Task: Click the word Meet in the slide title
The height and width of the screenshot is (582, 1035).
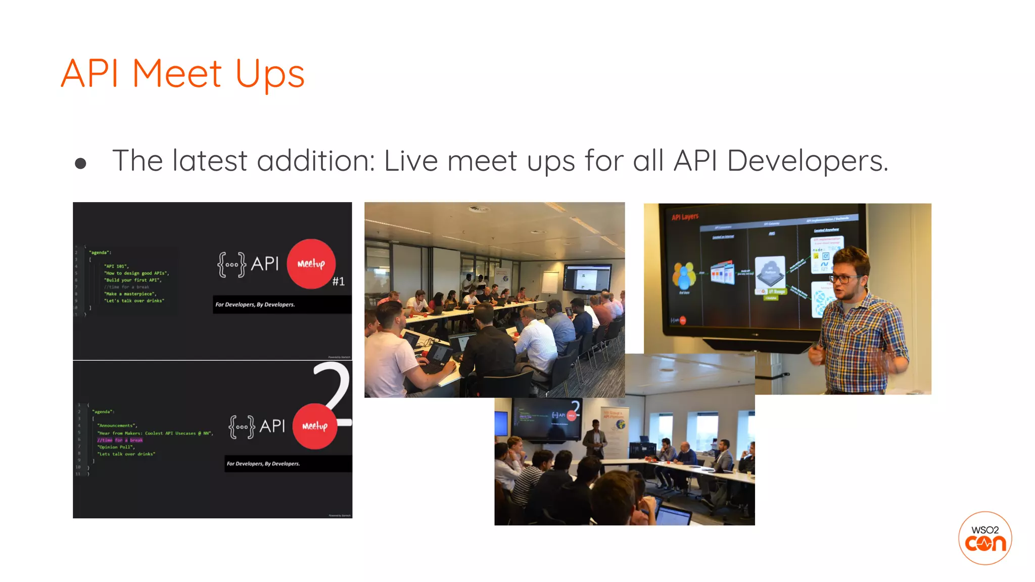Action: pos(176,74)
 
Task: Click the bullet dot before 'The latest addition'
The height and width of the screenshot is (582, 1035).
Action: pos(80,163)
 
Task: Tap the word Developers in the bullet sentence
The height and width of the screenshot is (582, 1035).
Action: pos(807,161)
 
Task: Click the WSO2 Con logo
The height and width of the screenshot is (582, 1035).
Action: pos(984,538)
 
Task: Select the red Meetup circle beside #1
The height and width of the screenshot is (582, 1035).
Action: pos(311,264)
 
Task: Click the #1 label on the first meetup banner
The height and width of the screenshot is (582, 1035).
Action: pos(339,281)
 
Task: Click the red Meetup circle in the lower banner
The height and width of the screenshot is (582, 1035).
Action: pos(315,426)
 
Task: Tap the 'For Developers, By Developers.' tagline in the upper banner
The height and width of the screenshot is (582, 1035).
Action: pos(255,305)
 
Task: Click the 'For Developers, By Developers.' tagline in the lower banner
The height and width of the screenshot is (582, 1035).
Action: pos(263,464)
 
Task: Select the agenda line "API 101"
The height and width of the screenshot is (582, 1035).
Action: pos(116,266)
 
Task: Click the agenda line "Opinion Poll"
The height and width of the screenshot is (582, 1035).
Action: pos(116,447)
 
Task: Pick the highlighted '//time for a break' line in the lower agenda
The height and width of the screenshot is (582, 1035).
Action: pos(120,440)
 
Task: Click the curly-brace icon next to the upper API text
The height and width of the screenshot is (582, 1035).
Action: pos(232,264)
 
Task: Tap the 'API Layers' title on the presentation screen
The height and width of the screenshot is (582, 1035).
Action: pos(685,217)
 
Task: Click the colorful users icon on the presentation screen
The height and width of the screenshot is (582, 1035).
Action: pos(684,276)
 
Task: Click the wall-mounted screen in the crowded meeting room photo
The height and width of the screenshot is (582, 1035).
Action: pos(587,278)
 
